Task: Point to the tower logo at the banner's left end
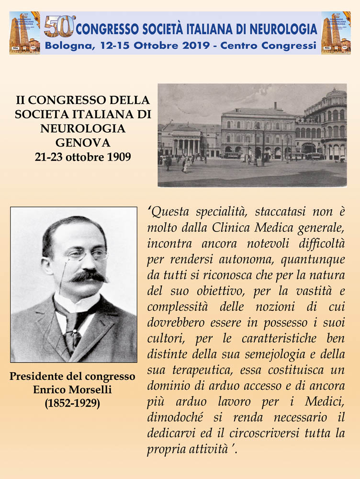(24, 33)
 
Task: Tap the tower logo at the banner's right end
(336, 33)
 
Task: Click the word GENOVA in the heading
(83, 142)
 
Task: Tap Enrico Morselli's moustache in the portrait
(89, 276)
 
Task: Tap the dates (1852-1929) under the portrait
(73, 403)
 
